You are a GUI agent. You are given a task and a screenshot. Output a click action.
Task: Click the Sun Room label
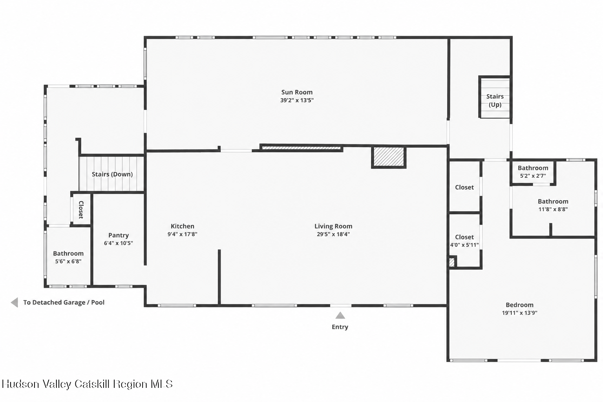click(x=297, y=92)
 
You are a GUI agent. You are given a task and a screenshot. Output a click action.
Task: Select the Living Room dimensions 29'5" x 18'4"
click(x=333, y=234)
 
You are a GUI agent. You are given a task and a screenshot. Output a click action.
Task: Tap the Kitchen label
click(x=182, y=226)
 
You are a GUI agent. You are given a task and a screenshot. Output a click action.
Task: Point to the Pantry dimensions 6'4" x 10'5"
click(x=119, y=243)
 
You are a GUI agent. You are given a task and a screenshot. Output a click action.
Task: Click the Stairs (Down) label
click(x=112, y=174)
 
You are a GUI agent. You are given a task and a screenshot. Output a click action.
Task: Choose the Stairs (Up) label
click(x=495, y=100)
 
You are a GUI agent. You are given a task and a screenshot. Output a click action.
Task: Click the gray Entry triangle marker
click(x=340, y=315)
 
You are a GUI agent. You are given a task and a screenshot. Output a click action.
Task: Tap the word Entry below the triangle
click(x=340, y=327)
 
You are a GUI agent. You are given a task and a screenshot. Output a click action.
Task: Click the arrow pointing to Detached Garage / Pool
click(x=15, y=302)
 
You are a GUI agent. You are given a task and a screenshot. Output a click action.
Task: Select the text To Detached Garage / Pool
click(x=64, y=302)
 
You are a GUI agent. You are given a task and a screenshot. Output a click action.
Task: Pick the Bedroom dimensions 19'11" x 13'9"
click(x=519, y=312)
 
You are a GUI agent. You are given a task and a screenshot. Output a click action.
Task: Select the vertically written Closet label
click(x=81, y=210)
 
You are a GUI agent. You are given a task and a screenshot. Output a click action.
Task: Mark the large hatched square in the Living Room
click(x=389, y=157)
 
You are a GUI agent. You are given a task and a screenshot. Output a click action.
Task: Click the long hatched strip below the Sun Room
click(x=301, y=148)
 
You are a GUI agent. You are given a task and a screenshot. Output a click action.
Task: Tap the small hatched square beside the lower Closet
click(x=452, y=262)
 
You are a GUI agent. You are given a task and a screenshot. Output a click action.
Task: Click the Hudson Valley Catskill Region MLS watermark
click(x=87, y=384)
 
